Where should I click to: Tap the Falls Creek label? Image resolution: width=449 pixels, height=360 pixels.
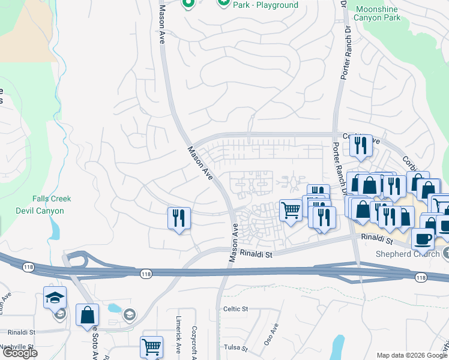tap(52, 199)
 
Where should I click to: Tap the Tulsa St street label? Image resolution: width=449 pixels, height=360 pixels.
tap(235, 348)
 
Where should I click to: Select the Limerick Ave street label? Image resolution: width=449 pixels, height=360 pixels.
tap(178, 334)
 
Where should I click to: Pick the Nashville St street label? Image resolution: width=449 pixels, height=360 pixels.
tap(17, 347)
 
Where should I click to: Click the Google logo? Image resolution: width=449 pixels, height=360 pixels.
tap(20, 353)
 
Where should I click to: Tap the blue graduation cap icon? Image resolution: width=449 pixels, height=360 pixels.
tap(55, 297)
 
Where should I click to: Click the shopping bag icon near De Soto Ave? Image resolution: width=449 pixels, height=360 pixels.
tap(87, 314)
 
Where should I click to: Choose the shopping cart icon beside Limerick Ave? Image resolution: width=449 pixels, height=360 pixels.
tap(151, 346)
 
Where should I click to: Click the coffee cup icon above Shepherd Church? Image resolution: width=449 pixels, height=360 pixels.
tap(423, 239)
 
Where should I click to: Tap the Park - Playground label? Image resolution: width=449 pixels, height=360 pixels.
tap(265, 5)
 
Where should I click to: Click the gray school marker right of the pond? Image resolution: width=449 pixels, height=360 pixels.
tap(129, 314)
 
